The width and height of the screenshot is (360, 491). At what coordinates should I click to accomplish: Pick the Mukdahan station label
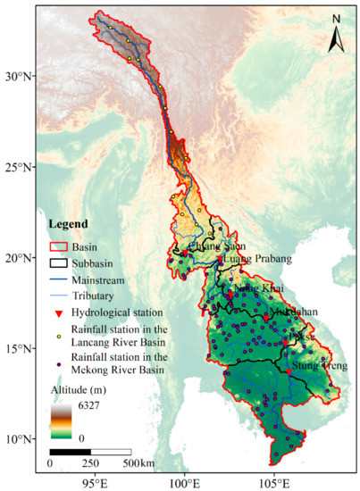click(292, 312)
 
